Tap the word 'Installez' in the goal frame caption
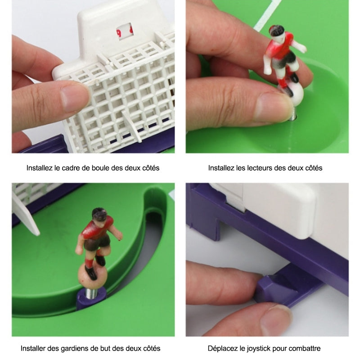pyautogui.click(x=40, y=168)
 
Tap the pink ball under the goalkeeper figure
pyautogui.click(x=93, y=276)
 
